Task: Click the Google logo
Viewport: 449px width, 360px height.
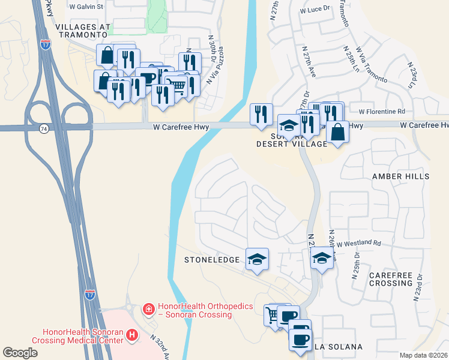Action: pyautogui.click(x=20, y=353)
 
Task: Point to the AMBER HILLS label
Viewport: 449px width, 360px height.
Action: pyautogui.click(x=400, y=176)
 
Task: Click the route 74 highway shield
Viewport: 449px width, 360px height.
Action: pyautogui.click(x=44, y=128)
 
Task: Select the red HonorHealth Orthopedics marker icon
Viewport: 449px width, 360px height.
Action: pyautogui.click(x=147, y=310)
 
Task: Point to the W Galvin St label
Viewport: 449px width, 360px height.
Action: pyautogui.click(x=87, y=7)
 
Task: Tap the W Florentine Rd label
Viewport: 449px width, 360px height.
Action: pyautogui.click(x=382, y=112)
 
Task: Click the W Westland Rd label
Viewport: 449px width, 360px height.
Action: pyautogui.click(x=358, y=244)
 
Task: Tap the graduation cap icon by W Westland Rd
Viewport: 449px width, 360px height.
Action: pyautogui.click(x=322, y=259)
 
